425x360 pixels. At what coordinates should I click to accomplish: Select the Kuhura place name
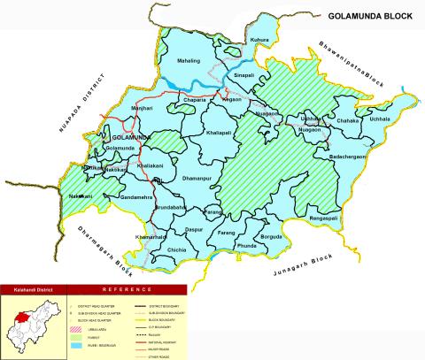coord(259,41)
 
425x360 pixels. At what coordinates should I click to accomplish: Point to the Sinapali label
coord(243,77)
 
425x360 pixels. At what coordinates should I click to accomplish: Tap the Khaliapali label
coord(221,131)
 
